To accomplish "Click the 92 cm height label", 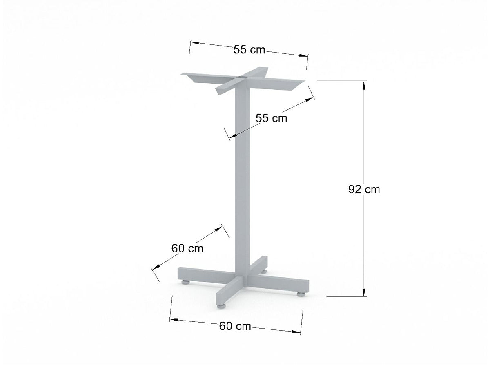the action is pos(364,190).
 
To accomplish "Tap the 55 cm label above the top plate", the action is pos(249,50).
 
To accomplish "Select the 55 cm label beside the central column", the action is pos(271,118).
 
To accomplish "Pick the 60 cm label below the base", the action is pos(235,326).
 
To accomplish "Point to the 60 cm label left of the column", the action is pos(187,248).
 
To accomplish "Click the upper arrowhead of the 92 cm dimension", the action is pos(364,85).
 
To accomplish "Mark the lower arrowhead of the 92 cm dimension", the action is pos(364,292).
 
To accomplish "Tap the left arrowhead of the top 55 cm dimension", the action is pos(194,43).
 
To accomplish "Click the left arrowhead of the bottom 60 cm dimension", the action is pos(174,320).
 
